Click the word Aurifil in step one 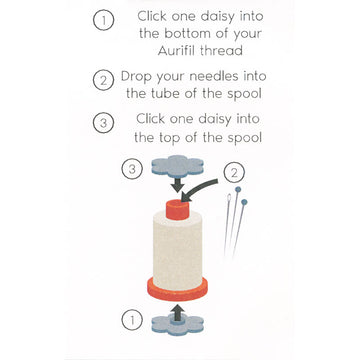(177, 51)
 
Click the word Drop (136, 77)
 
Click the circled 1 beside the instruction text (103, 21)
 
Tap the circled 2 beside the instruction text (103, 80)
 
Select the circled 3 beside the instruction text (103, 123)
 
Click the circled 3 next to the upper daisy (132, 169)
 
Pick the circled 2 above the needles (234, 173)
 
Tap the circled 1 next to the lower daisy (132, 321)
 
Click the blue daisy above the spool (177, 167)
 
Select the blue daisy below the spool (177, 325)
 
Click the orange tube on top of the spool (177, 210)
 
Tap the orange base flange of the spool (177, 289)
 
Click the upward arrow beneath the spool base (179, 312)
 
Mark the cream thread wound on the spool (177, 251)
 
